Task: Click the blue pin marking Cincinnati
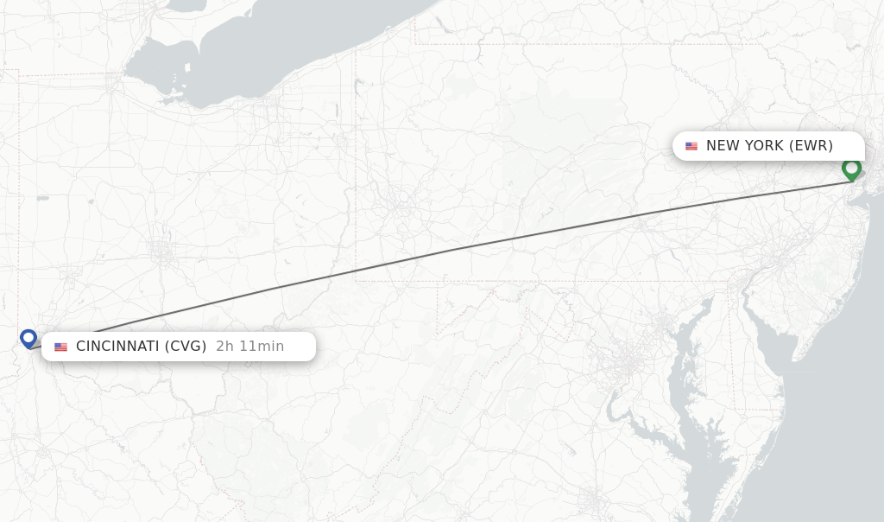28,338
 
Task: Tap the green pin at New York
851,169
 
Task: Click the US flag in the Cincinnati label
60,347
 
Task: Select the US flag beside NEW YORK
691,146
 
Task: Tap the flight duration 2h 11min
249,347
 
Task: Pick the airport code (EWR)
811,146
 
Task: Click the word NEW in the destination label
723,146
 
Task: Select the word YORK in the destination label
763,146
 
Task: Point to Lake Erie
259,52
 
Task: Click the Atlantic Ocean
829,415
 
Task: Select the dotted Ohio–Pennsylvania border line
356,173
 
